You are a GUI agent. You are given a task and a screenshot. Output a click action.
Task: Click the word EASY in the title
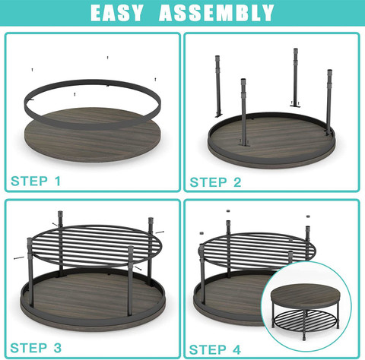(117, 13)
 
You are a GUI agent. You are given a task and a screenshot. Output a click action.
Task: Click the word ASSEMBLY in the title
(216, 13)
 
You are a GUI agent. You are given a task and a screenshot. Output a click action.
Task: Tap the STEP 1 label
(36, 181)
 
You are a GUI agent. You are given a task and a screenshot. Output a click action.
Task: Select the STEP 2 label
(215, 182)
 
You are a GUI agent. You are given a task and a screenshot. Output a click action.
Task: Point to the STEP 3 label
(36, 348)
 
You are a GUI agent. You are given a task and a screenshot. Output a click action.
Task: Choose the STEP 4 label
(214, 349)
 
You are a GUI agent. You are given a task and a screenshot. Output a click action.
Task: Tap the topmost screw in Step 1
(108, 58)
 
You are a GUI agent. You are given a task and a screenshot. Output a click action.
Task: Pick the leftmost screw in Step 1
(32, 70)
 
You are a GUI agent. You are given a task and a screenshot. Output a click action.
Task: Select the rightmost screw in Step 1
(155, 79)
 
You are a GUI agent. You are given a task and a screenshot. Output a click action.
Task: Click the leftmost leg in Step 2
(218, 86)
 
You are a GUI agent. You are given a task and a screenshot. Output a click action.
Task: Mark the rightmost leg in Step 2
(329, 102)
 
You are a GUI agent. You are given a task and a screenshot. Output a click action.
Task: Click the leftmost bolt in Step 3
(19, 258)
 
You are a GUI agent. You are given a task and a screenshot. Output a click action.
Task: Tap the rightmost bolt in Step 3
(160, 232)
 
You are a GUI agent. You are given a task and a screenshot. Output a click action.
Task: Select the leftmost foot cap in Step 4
(202, 233)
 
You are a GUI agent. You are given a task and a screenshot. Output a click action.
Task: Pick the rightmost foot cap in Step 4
(308, 216)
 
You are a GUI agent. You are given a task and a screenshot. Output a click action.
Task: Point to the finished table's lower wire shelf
(306, 320)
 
